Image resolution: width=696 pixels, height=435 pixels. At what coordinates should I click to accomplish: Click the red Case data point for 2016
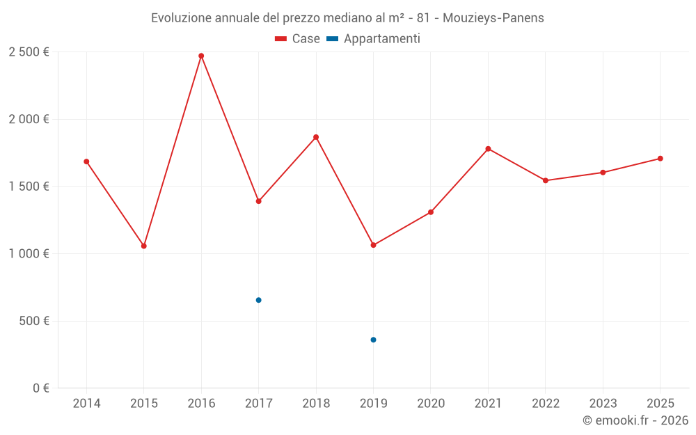201,56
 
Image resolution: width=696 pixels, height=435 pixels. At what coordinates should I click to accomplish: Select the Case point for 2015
144,246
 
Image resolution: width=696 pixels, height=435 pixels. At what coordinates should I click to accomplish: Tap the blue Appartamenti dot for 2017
258,300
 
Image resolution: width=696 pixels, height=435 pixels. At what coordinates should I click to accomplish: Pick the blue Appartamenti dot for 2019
373,340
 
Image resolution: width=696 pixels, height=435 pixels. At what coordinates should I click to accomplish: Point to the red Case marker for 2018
316,137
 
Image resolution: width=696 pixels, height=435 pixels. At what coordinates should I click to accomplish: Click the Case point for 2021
488,149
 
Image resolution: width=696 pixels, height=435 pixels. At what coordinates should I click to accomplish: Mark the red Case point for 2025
660,159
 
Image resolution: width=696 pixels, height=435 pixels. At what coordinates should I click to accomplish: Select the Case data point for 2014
86,161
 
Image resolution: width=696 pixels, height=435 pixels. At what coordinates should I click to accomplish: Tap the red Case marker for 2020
431,212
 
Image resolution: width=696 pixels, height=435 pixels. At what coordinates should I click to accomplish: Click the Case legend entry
298,39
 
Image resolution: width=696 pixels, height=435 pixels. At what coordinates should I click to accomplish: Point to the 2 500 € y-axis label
29,52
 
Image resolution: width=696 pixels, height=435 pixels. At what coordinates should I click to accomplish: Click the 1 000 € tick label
29,254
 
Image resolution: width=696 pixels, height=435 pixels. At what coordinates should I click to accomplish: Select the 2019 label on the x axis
373,404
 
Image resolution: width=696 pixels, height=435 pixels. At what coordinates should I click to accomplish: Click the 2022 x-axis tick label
545,404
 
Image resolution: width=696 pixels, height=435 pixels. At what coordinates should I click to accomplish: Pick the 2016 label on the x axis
201,404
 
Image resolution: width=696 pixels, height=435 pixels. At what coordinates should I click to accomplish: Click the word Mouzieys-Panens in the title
499,18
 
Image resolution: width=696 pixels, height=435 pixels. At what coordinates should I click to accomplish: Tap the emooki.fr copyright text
635,420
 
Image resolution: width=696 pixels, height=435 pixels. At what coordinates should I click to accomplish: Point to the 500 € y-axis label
33,321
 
